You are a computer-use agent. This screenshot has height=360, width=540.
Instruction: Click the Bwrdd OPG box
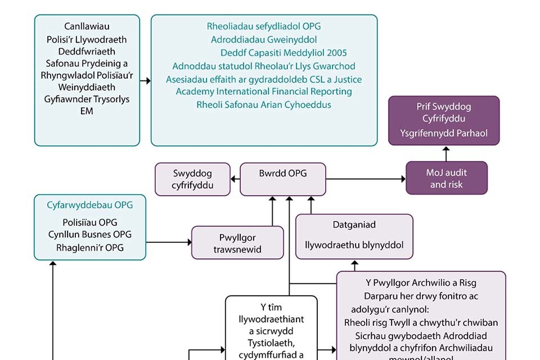282,179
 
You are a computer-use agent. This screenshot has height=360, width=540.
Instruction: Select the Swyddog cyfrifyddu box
192,179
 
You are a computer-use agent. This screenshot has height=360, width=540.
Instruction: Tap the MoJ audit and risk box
446,178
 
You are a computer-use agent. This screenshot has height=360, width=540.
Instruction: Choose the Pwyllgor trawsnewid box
237,243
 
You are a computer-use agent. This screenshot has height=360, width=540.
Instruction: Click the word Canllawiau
87,26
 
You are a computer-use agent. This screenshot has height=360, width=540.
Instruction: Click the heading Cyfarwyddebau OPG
89,205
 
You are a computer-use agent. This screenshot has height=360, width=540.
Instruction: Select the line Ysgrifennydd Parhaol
444,133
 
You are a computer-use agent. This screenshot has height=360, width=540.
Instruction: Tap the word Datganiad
354,224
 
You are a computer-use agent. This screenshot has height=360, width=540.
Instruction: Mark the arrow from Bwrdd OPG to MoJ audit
366,179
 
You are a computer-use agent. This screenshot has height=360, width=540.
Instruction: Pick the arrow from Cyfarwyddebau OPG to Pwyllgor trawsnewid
169,243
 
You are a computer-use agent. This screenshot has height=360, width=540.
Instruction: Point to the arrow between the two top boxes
145,81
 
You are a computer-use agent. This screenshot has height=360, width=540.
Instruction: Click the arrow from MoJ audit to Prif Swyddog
446,154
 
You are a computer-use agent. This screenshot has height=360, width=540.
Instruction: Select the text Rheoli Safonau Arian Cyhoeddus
264,105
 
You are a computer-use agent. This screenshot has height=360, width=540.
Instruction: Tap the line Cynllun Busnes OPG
89,235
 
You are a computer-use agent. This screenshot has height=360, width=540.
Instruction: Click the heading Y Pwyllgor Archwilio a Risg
421,282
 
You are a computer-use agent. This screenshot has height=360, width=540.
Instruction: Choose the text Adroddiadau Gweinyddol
264,39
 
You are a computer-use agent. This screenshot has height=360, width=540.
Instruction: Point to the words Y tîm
271,307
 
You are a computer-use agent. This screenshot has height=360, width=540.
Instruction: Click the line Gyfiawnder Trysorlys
87,99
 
